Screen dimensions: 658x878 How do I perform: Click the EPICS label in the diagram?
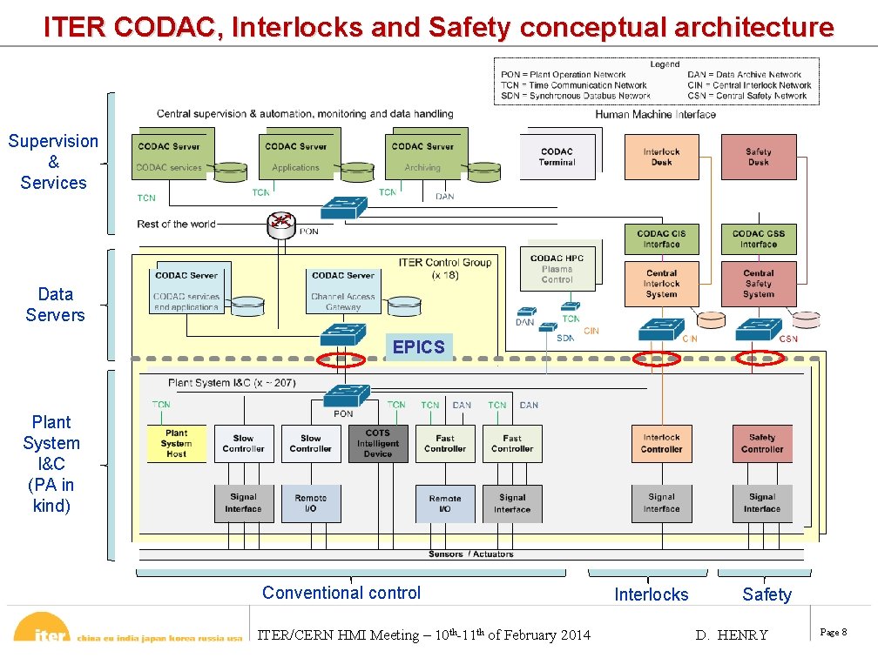[x=418, y=346]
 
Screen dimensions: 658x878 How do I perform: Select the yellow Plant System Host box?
[x=176, y=443]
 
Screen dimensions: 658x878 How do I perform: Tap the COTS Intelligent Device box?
[x=378, y=443]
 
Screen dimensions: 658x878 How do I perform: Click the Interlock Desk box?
[x=661, y=158]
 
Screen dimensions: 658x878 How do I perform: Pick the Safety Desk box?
[x=758, y=158]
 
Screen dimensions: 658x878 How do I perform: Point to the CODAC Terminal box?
[x=557, y=157]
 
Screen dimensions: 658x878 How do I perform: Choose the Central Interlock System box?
[x=661, y=284]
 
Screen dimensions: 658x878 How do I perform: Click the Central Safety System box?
[x=758, y=284]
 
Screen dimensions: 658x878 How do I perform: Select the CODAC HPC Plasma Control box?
[x=557, y=268]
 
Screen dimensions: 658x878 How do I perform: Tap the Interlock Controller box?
[x=661, y=443]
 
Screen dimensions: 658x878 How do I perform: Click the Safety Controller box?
[x=762, y=443]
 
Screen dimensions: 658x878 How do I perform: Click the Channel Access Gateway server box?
[x=342, y=290]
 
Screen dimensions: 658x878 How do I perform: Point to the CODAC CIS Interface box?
[x=661, y=239]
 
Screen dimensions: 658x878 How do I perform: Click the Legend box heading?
[x=665, y=64]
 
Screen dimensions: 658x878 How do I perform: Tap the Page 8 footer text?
[x=833, y=633]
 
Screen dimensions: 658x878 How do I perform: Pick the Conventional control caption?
[x=341, y=593]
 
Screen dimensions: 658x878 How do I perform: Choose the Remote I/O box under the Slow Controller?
[x=311, y=504]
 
